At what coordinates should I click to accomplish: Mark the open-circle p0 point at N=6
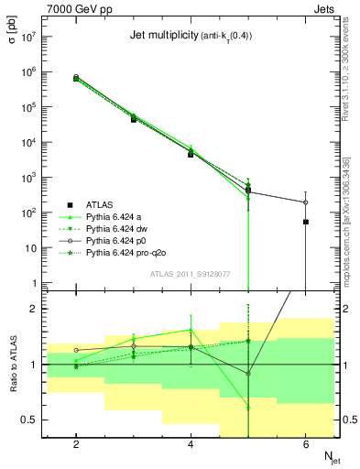click(x=305, y=202)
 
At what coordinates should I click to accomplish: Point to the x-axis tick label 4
click(x=191, y=443)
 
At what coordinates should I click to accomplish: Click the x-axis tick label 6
click(x=305, y=443)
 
